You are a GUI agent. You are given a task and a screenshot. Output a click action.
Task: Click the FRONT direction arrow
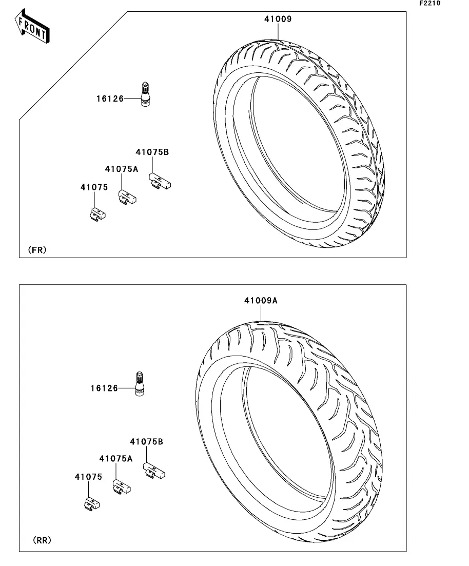click(32, 26)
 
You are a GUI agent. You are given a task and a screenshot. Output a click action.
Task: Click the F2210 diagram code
click(429, 3)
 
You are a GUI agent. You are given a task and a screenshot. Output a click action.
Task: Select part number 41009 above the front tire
click(278, 19)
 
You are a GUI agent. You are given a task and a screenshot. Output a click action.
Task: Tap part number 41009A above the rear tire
click(261, 300)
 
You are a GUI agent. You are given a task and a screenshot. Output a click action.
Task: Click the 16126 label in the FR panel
click(110, 99)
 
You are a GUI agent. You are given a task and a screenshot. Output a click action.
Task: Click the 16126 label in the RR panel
click(104, 388)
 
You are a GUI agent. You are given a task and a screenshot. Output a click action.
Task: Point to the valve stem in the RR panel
click(140, 384)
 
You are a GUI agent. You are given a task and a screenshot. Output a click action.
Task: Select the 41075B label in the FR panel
click(152, 152)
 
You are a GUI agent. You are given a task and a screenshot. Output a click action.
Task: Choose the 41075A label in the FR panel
click(121, 169)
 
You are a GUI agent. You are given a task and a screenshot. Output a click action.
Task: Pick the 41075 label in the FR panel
click(94, 187)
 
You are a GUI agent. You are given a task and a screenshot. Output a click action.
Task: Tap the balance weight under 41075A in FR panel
click(128, 198)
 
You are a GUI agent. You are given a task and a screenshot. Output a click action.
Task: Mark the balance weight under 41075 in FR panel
click(97, 214)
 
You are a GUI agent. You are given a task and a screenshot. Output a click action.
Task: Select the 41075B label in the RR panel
click(146, 441)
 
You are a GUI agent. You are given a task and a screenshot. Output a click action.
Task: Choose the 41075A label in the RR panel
click(115, 458)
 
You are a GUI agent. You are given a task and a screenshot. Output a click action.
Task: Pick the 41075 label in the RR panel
click(88, 477)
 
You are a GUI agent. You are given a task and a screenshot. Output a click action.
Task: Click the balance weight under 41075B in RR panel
click(154, 471)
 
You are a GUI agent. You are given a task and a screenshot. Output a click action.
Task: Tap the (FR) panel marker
click(37, 250)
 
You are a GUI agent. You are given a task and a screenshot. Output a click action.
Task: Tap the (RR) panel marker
click(42, 540)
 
